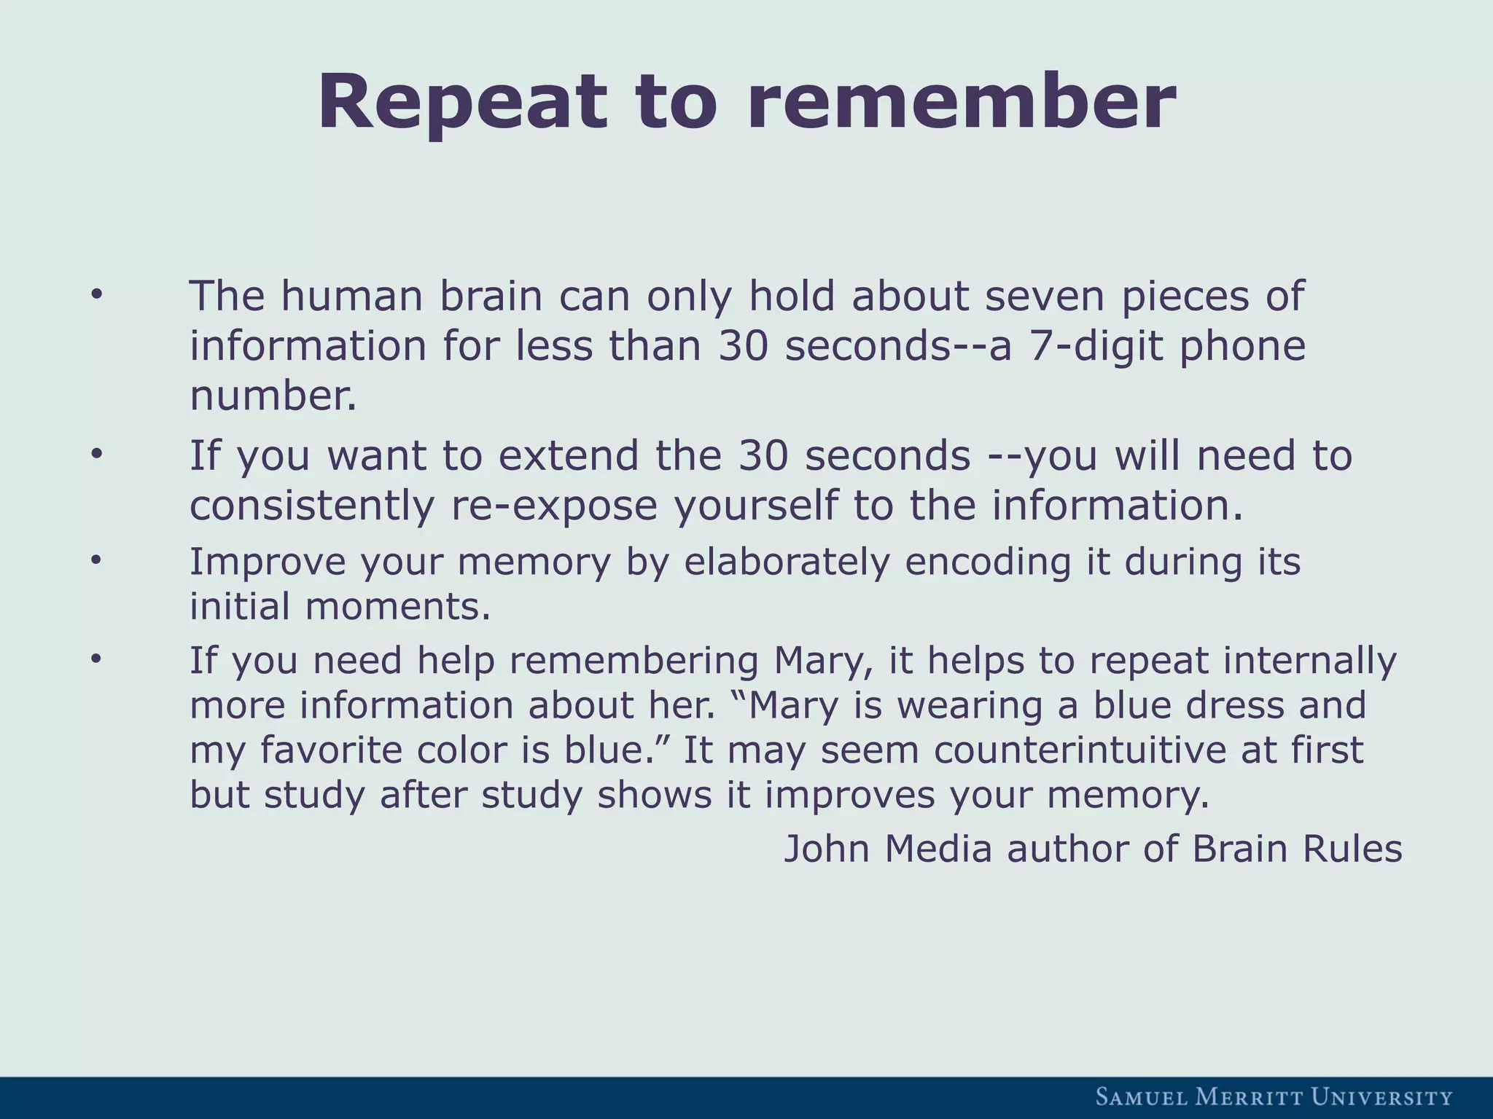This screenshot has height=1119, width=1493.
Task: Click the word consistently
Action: click(x=311, y=506)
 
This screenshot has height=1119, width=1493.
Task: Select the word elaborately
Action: click(x=787, y=562)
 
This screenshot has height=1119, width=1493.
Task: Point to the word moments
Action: click(x=398, y=606)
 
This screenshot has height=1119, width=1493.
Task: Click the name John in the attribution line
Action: click(x=826, y=849)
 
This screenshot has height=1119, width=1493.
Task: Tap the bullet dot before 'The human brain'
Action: click(x=95, y=295)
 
